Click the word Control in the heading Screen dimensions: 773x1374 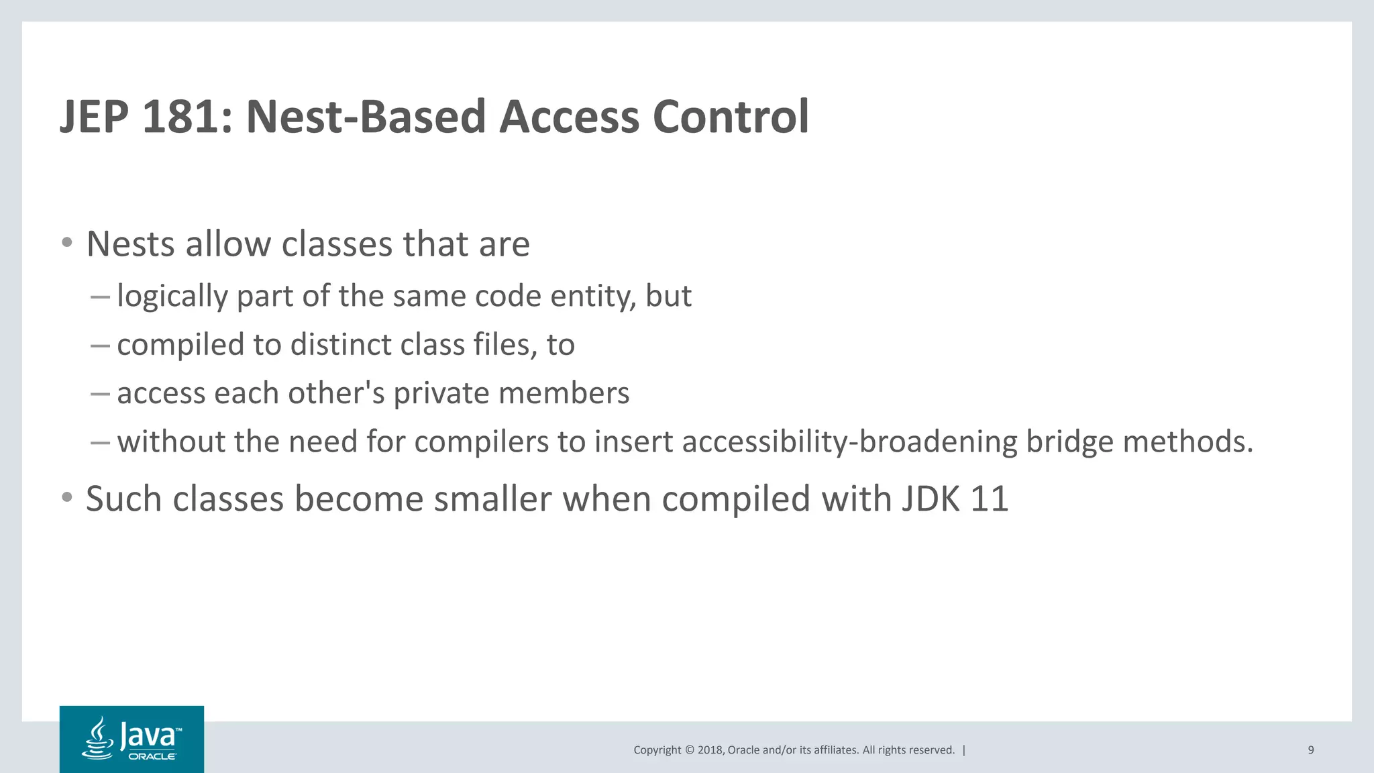click(731, 117)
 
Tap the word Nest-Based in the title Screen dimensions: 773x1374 click(366, 117)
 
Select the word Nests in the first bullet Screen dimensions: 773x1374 click(130, 244)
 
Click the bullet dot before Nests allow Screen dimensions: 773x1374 click(66, 242)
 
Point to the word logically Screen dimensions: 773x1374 click(172, 297)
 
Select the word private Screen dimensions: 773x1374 click(441, 393)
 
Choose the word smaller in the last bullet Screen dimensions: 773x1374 click(492, 499)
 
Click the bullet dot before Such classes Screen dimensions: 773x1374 click(66, 498)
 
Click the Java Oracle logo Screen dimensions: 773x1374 click(131, 739)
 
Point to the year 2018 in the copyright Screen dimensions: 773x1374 click(710, 750)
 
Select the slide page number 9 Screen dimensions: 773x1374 click(1310, 750)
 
